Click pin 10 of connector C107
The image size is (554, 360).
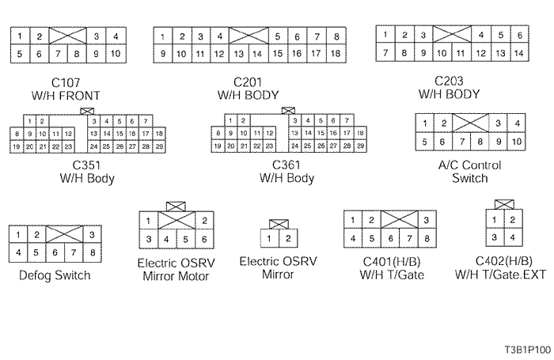(x=115, y=55)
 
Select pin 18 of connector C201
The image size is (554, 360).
(x=336, y=54)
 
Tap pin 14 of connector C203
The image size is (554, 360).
(x=518, y=53)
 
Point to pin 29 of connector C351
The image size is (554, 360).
(x=158, y=147)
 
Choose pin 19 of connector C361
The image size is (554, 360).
(x=218, y=147)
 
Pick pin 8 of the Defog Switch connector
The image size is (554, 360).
(x=93, y=252)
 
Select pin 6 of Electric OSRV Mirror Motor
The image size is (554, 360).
(x=204, y=239)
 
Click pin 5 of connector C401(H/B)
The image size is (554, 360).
(x=370, y=237)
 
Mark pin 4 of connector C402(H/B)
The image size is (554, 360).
(x=512, y=237)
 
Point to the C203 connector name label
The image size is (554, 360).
(x=449, y=81)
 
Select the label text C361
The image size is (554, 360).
(x=286, y=165)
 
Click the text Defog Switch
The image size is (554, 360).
(x=55, y=275)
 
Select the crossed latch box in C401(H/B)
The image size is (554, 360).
(x=400, y=220)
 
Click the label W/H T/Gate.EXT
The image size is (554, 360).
(x=504, y=274)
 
